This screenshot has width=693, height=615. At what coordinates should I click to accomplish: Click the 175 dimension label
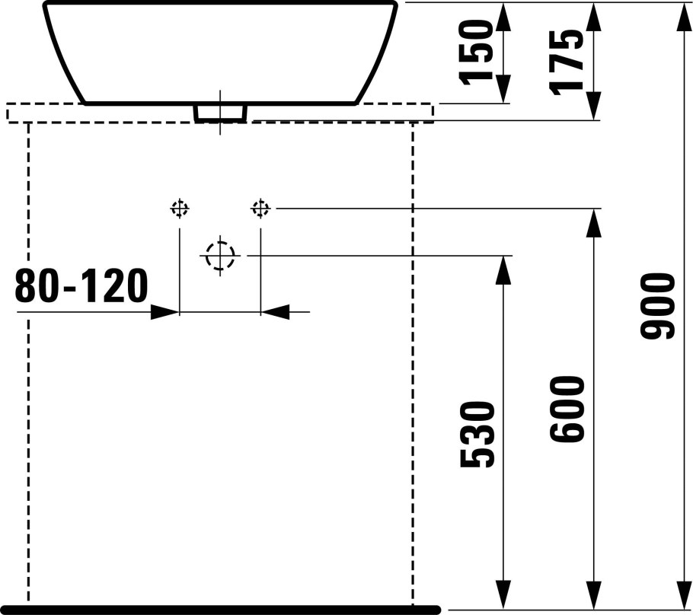568,61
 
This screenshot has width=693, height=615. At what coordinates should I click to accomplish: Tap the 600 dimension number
568,409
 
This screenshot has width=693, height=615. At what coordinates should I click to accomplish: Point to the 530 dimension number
478,434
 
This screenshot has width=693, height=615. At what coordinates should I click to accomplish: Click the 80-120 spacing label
81,287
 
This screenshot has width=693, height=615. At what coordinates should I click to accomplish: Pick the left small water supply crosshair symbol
179,208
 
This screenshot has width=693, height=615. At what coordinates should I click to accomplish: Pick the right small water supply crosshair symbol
260,208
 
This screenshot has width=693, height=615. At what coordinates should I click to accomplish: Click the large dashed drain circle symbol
220,256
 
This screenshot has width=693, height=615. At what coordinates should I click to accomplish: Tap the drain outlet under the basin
221,113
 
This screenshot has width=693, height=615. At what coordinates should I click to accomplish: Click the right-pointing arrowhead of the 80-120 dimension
166,311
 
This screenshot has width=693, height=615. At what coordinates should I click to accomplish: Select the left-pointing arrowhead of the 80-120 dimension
275,311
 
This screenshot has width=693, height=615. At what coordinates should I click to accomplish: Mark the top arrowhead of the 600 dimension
593,222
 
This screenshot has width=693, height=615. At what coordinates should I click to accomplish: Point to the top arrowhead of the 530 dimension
503,270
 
